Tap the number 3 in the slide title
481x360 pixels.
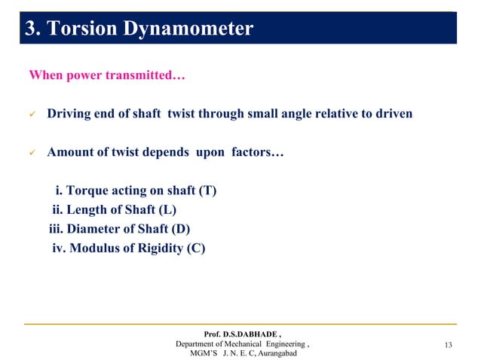30,29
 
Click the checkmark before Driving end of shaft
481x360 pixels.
32,114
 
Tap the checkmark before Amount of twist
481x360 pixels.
32,153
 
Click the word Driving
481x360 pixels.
70,114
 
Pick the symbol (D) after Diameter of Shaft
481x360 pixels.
182,229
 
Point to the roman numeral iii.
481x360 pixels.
58,229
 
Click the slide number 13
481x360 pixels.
450,345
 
